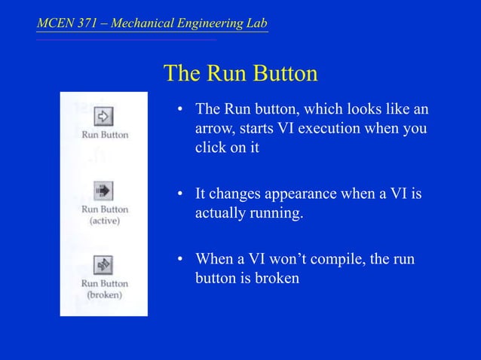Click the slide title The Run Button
[240, 75]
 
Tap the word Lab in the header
[256, 23]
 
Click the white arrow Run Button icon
[104, 116]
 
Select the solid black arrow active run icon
[104, 190]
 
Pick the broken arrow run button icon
[104, 265]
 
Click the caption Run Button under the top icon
[105, 135]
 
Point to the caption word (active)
[105, 221]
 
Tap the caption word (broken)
[105, 295]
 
